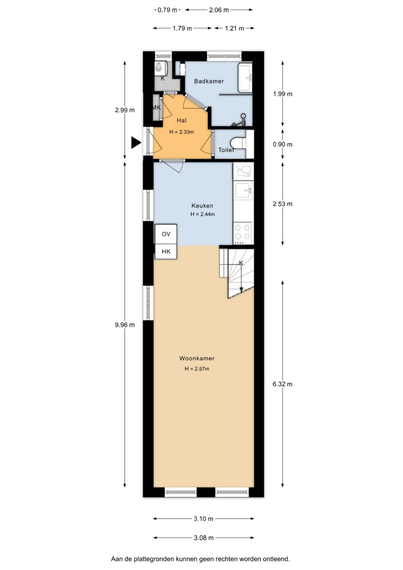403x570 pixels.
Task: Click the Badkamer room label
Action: [x=209, y=81]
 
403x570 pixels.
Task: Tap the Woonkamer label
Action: [x=197, y=358]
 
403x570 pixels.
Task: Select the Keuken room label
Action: [x=202, y=205]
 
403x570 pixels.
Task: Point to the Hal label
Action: [x=182, y=120]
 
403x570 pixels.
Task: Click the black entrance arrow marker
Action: [x=136, y=142]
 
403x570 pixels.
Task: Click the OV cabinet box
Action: [x=166, y=234]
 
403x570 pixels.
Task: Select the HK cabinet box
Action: [x=166, y=252]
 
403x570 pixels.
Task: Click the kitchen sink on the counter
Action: [x=244, y=190]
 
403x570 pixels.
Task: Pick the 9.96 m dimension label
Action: [x=125, y=325]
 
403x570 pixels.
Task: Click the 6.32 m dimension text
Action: [x=283, y=384]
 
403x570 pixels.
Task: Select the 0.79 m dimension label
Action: [x=167, y=10]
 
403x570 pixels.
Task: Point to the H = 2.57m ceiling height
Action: [x=197, y=369]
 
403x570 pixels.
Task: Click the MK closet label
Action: [x=156, y=108]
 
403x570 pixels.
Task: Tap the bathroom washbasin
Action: [x=245, y=77]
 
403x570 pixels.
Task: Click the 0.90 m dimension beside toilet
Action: [x=283, y=144]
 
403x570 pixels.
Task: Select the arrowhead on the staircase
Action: [x=241, y=290]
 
